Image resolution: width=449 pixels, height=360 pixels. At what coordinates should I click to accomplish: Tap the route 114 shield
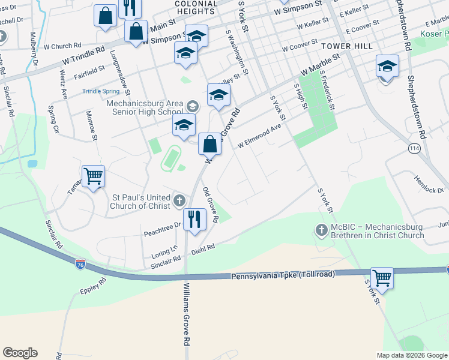(414, 147)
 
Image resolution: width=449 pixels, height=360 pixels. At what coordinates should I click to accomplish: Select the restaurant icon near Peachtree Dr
(194, 219)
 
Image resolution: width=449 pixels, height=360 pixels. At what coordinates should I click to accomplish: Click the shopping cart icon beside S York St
(382, 278)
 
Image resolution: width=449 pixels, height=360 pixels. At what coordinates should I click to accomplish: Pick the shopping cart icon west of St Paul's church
(93, 176)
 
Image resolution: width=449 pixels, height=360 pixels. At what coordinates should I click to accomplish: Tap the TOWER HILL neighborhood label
(347, 46)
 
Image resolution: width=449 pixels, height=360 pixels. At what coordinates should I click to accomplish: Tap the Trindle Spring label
(101, 91)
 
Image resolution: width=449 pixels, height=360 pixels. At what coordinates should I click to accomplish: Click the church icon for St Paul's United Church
(179, 200)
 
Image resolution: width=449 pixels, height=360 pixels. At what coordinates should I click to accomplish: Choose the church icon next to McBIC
(322, 230)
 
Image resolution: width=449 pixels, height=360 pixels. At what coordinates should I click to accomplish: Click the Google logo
(20, 353)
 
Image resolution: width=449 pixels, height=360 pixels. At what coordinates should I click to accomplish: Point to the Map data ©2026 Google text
(412, 355)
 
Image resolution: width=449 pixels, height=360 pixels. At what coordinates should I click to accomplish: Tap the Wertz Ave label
(62, 85)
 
